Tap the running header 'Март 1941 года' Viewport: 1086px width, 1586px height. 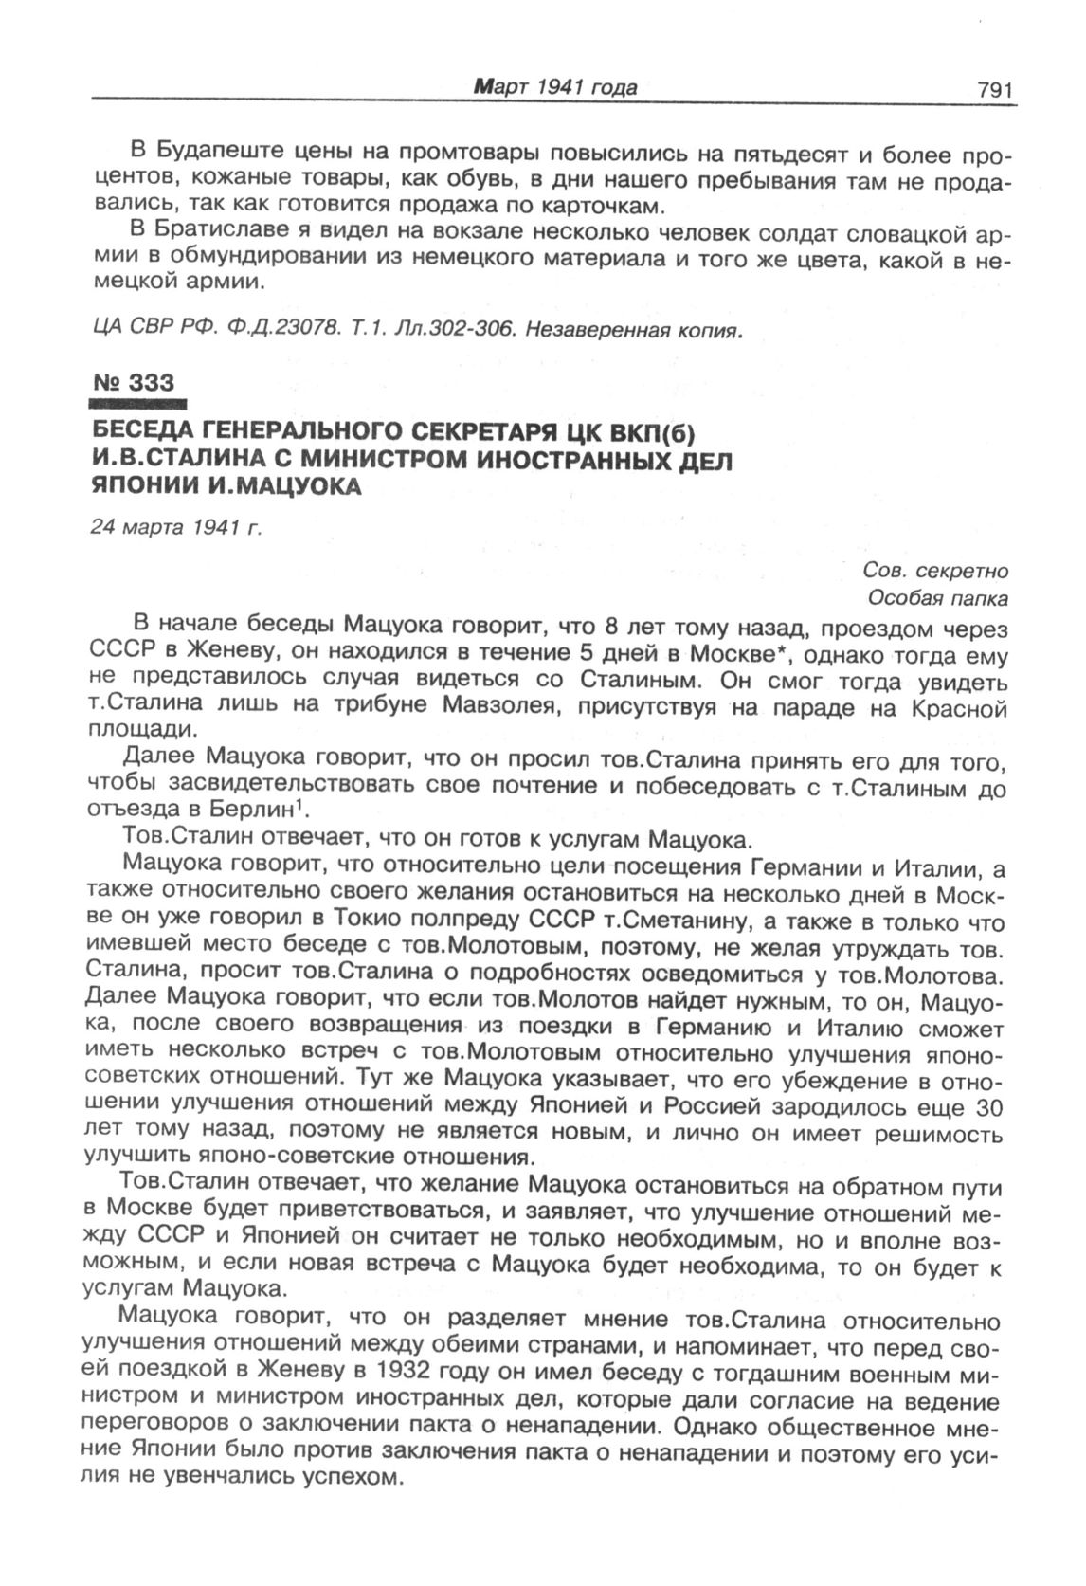(555, 88)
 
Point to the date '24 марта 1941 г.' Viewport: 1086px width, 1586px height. (175, 527)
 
